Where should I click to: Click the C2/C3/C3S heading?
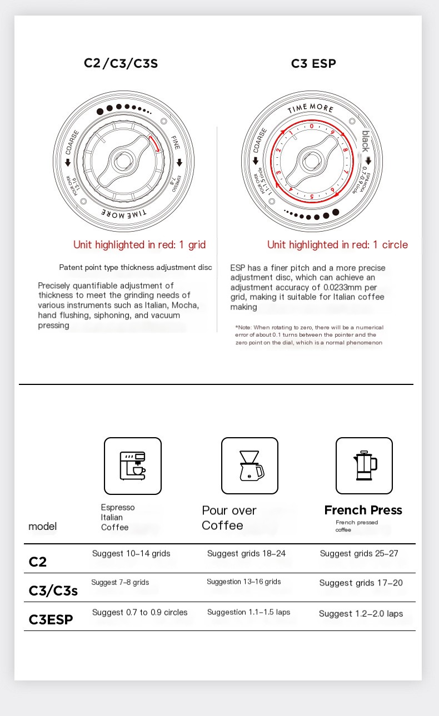pos(121,63)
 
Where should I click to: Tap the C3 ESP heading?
pos(313,63)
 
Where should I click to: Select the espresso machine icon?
pos(133,465)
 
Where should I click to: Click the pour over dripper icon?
pos(250,465)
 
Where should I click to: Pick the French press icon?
pos(364,465)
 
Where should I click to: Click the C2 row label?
pos(38,562)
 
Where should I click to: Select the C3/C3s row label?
pos(53,590)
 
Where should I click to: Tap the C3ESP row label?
pos(51,619)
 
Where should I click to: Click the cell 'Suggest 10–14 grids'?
pos(131,553)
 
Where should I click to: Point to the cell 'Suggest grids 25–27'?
pos(359,553)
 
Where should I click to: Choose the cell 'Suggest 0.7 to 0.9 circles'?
pos(139,612)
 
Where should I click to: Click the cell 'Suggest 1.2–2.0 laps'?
pos(361,614)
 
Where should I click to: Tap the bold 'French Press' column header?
pos(363,510)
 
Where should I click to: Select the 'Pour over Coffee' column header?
pos(229,518)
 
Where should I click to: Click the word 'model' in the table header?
pos(42,526)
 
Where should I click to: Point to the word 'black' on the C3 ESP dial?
pos(365,141)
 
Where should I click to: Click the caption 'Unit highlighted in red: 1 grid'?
pos(139,244)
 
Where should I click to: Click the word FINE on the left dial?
pos(176,142)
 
